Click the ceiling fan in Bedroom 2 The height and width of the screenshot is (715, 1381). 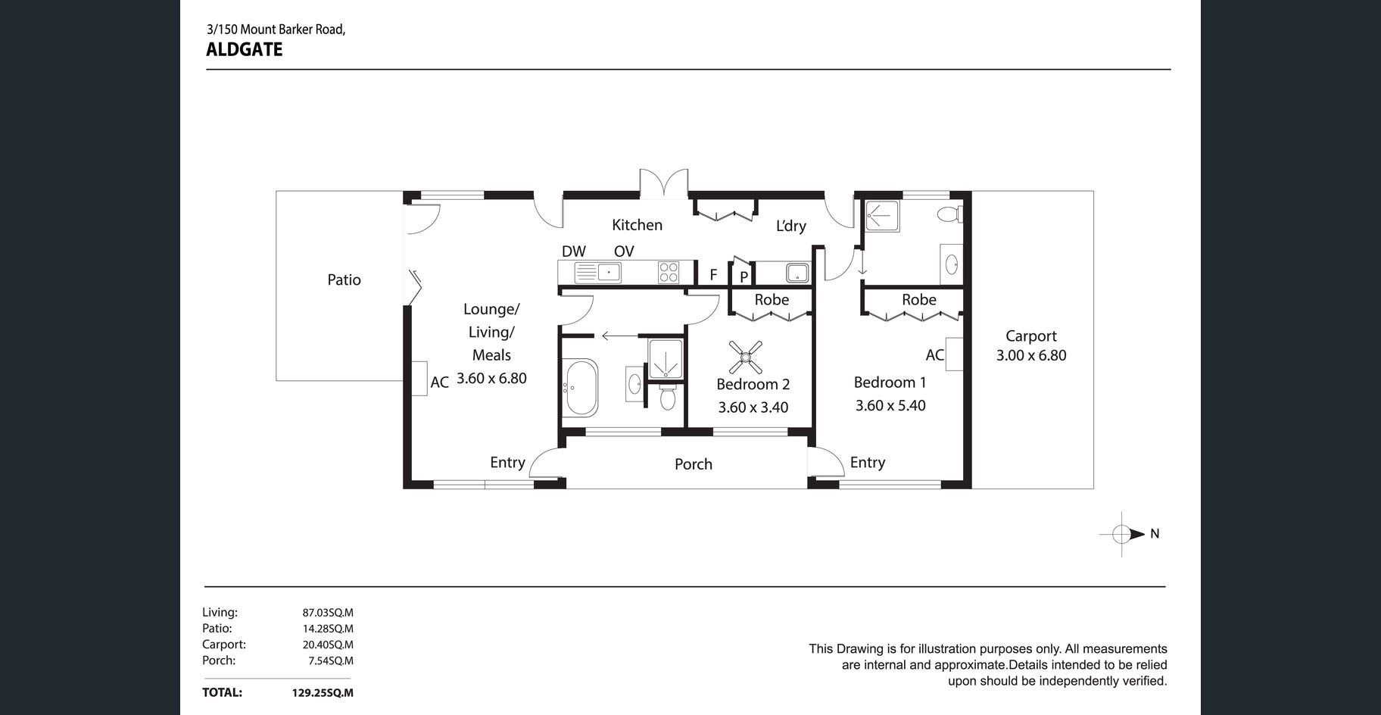[746, 356]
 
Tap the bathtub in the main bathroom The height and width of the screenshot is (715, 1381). [581, 388]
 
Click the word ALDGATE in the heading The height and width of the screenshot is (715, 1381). [244, 50]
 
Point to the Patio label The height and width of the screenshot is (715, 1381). [344, 279]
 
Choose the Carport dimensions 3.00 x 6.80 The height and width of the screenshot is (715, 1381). [1031, 355]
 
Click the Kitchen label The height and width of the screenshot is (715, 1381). [637, 225]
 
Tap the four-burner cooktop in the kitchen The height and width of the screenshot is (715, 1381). [669, 271]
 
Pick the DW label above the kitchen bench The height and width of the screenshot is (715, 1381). [574, 251]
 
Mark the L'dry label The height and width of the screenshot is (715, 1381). [790, 226]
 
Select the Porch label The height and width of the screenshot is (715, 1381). [694, 464]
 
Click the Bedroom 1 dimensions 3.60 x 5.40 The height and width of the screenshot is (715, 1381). [890, 405]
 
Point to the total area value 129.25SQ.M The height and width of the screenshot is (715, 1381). [323, 692]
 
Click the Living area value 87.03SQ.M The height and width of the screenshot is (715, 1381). [328, 613]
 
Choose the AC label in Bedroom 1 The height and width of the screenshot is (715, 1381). [935, 354]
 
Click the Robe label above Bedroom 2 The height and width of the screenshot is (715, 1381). [772, 300]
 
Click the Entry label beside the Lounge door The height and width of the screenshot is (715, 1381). [507, 463]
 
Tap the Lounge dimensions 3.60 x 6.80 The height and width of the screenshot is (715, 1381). [491, 378]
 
